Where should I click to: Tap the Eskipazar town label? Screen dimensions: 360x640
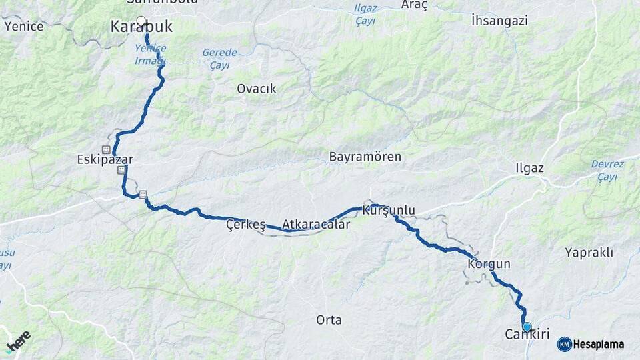click(x=105, y=160)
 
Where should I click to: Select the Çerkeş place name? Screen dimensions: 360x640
click(x=245, y=225)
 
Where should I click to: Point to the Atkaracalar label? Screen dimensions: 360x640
click(x=316, y=225)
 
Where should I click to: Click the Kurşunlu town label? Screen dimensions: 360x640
click(x=389, y=211)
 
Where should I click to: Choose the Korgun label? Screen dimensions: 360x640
click(x=489, y=264)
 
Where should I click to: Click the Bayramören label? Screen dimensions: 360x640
click(x=365, y=157)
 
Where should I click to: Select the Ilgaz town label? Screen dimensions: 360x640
click(x=530, y=168)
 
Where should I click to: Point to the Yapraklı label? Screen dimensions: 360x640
click(x=589, y=253)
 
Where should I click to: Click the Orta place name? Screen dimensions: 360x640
click(x=329, y=320)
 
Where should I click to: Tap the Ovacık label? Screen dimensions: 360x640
click(x=257, y=89)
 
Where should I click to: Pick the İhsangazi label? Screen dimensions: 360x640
click(x=499, y=21)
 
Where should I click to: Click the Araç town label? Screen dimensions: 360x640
click(x=413, y=5)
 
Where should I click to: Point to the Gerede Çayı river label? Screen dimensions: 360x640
click(x=220, y=59)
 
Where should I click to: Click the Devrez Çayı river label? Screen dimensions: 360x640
click(x=607, y=170)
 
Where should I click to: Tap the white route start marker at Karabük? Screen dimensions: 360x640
click(x=141, y=20)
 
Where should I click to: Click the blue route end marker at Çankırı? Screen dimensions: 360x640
click(x=527, y=327)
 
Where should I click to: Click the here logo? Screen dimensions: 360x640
click(x=18, y=341)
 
